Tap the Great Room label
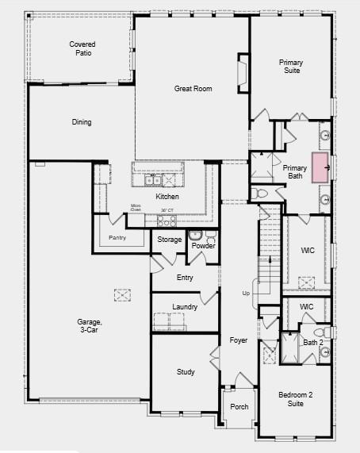click(x=193, y=89)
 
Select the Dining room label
click(x=81, y=122)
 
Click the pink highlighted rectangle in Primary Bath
click(x=320, y=167)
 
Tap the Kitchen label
click(x=167, y=197)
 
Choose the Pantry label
click(x=117, y=237)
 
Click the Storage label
click(x=169, y=239)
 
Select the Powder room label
click(x=204, y=246)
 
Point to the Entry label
click(x=185, y=278)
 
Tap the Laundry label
click(x=185, y=307)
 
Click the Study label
click(x=186, y=371)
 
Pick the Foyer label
click(x=239, y=340)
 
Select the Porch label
click(x=239, y=407)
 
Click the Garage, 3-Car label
click(x=89, y=326)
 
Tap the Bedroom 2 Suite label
click(x=295, y=399)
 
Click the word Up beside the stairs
click(x=245, y=294)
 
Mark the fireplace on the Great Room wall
click(x=243, y=71)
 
